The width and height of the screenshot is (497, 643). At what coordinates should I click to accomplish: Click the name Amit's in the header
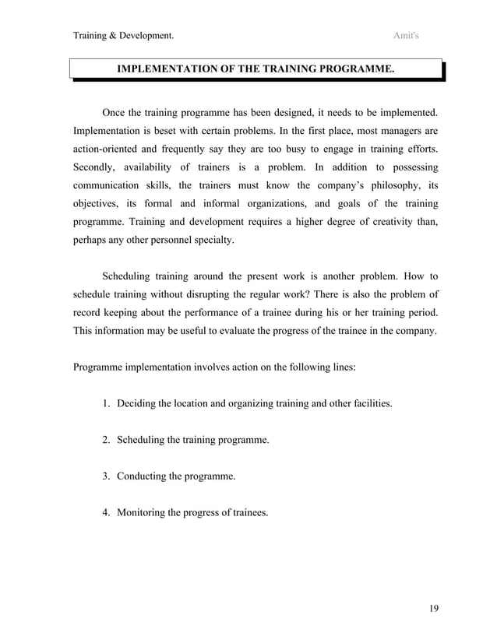coord(407,35)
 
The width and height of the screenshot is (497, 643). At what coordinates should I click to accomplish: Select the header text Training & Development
coord(122,35)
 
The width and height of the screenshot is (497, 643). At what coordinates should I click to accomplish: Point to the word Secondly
coord(97,167)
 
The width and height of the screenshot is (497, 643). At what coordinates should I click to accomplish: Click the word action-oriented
coord(109,148)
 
